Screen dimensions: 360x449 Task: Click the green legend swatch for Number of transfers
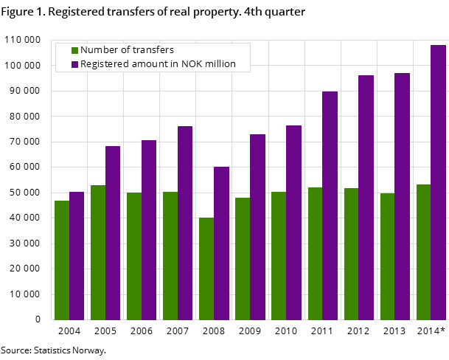[74, 50]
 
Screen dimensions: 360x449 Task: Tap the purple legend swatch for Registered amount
[74, 65]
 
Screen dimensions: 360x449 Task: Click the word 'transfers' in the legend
[154, 50]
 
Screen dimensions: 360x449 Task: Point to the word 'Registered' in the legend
[104, 64]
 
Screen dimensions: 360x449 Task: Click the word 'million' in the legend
[220, 64]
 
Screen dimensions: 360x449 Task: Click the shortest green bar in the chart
[206, 269]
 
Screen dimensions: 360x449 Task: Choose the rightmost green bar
[424, 252]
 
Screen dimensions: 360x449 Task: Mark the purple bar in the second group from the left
[113, 232]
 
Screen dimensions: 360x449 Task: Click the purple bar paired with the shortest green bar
[221, 243]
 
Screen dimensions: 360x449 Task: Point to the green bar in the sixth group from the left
[243, 258]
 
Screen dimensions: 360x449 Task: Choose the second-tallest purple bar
[402, 196]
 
